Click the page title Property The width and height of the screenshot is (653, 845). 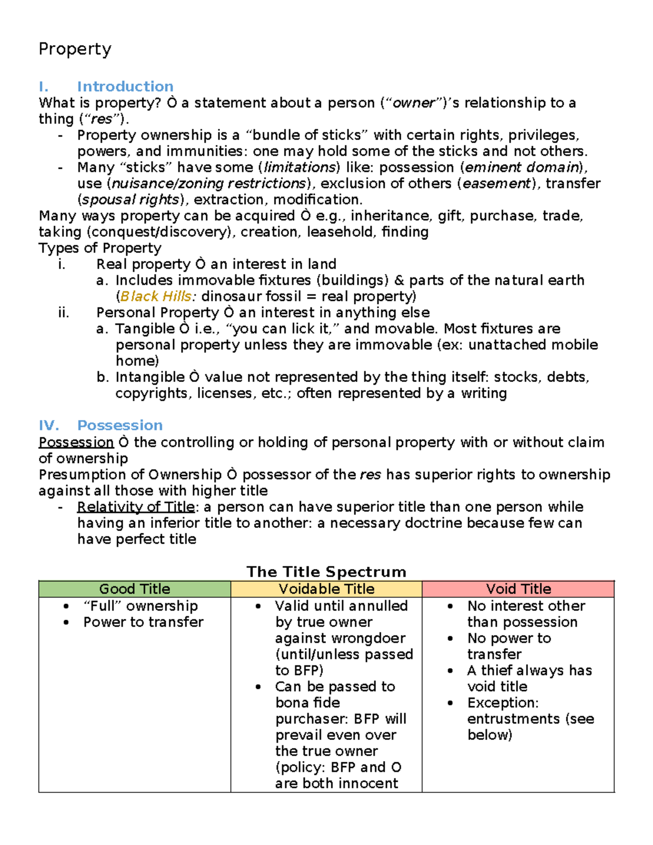pos(75,50)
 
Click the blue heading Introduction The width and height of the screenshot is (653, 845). pos(125,87)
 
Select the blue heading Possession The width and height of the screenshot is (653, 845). pos(120,425)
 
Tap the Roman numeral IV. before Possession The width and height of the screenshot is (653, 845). pos(48,425)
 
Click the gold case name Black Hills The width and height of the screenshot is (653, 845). pos(156,297)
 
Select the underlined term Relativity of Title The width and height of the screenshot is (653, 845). pos(135,507)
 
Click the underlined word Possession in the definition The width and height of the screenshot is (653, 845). pos(76,442)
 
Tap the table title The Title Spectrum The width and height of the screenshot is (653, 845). pos(326,571)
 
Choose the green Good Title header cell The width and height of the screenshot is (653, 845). pos(134,589)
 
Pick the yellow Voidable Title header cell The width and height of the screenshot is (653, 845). pos(326,589)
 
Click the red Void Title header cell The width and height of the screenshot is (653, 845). pos(518,589)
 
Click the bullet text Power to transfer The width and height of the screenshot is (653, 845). pos(143,622)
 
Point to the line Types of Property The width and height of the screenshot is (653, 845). pos(100,248)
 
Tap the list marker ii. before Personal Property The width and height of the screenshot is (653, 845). pos(63,313)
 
